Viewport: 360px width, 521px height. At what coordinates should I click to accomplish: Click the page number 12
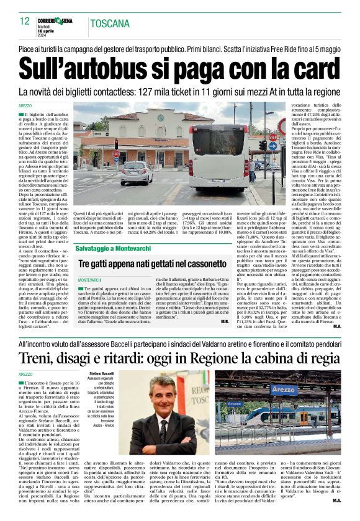pyautogui.click(x=24, y=21)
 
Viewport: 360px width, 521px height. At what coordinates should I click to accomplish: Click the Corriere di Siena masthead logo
pyautogui.click(x=60, y=20)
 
